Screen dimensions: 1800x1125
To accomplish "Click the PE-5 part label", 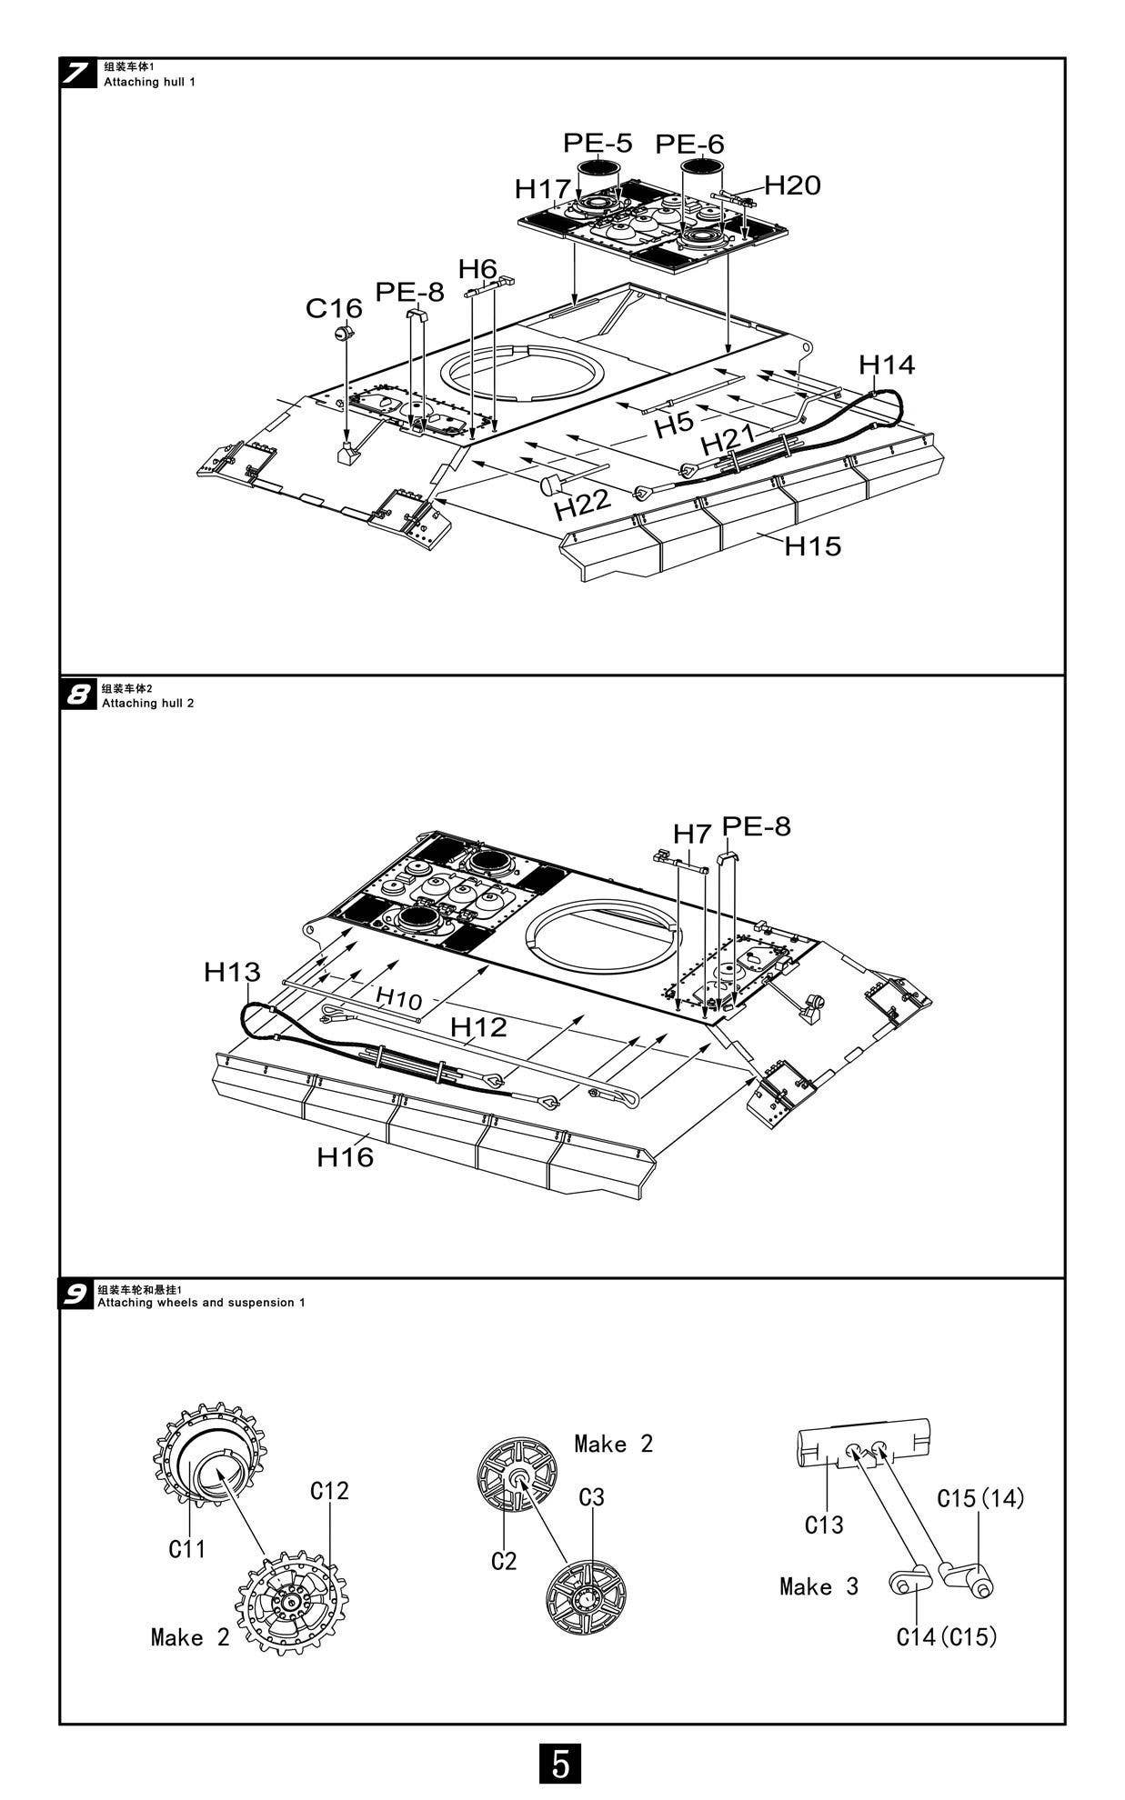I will coord(597,143).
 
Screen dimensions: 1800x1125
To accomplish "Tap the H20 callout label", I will coord(792,185).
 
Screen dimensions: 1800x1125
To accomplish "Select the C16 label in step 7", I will coord(334,308).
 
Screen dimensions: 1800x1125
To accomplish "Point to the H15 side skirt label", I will coord(813,546).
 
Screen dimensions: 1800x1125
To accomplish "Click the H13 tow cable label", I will coord(232,972).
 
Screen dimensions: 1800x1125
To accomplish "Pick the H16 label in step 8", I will coord(345,1157).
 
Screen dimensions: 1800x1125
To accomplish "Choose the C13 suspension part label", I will coord(824,1525).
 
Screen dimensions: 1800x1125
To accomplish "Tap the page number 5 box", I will coord(561,1764).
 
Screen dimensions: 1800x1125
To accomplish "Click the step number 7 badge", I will coord(79,75).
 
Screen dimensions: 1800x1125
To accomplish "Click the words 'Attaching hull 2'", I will coord(148,704).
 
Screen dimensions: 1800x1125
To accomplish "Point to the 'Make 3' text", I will coord(819,1587).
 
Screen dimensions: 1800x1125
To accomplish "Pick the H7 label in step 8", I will coord(691,833).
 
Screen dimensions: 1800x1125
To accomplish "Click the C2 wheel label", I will coord(504,1561).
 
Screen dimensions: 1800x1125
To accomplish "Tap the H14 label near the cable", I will coord(887,365).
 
